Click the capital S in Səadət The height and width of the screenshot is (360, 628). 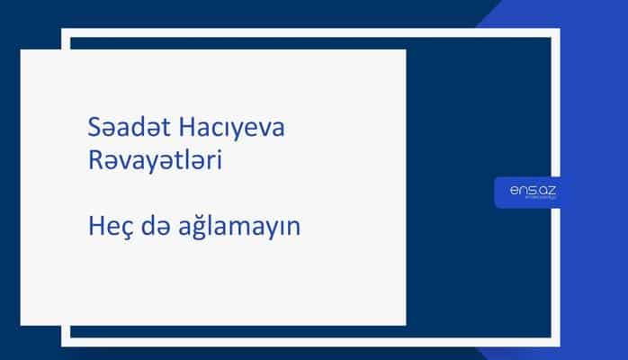(84, 130)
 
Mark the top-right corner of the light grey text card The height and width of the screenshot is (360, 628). (405, 50)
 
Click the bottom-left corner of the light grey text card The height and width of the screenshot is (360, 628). (21, 324)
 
